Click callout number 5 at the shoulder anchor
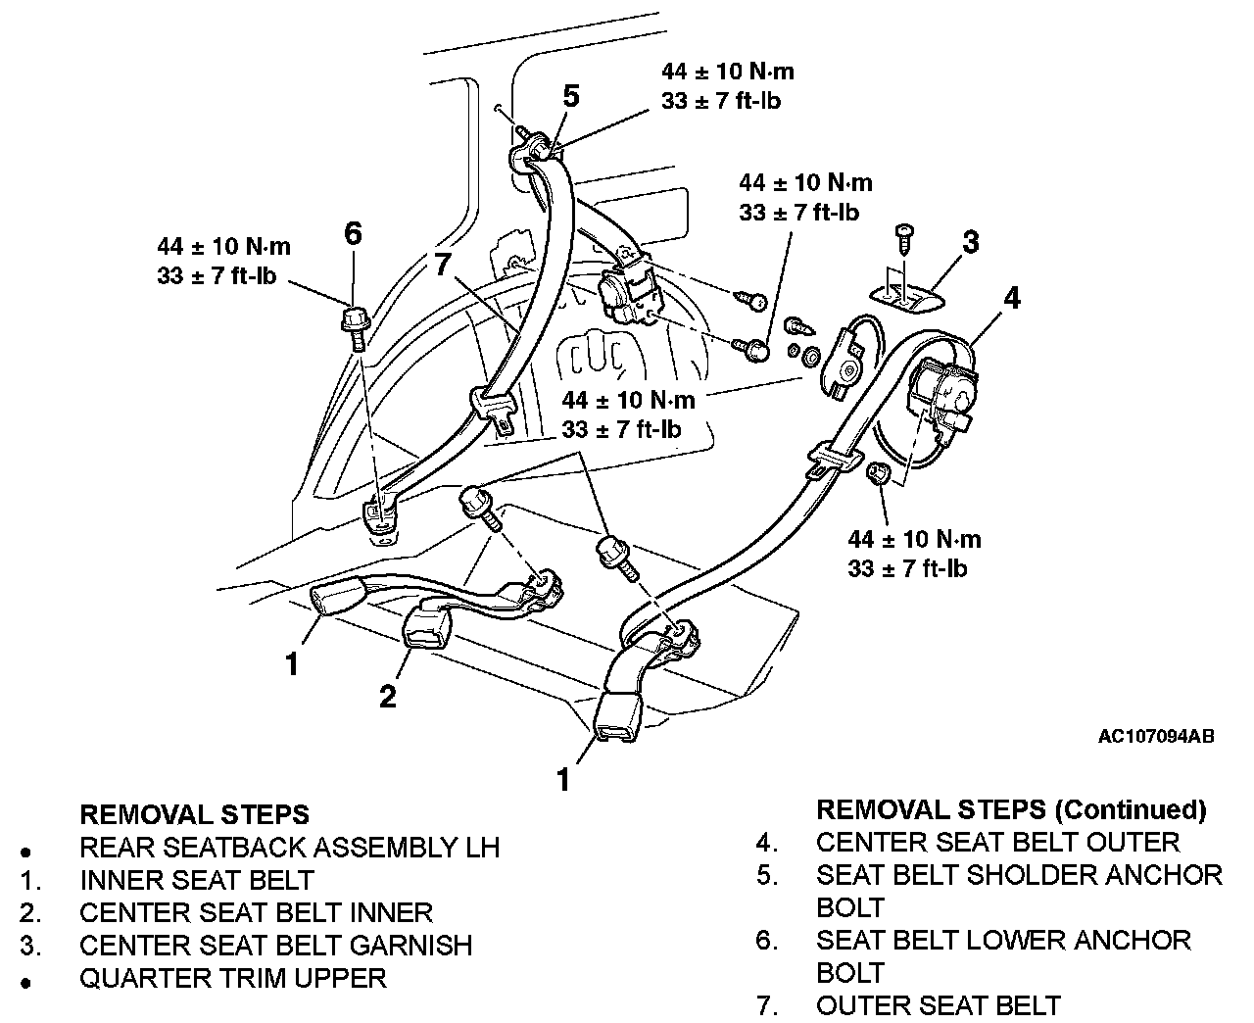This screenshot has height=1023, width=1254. pyautogui.click(x=571, y=96)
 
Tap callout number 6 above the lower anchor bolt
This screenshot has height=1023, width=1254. pyautogui.click(x=353, y=233)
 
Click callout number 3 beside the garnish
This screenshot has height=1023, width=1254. pyautogui.click(x=970, y=241)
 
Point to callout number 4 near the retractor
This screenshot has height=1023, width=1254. pyautogui.click(x=1012, y=298)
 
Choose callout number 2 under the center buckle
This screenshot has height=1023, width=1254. pyautogui.click(x=388, y=696)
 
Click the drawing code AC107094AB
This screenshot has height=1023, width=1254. pyautogui.click(x=1156, y=736)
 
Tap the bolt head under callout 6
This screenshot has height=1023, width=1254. pyautogui.click(x=354, y=320)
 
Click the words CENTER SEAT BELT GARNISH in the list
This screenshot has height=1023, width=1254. pyautogui.click(x=275, y=945)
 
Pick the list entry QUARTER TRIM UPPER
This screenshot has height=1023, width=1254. pyautogui.click(x=232, y=977)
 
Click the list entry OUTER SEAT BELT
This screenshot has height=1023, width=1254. pyautogui.click(x=938, y=1004)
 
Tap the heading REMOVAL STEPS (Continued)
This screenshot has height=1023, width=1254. pyautogui.click(x=1010, y=809)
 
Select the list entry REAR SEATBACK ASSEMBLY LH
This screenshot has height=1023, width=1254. pyautogui.click(x=289, y=847)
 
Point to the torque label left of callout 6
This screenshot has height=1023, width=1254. pyautogui.click(x=223, y=261)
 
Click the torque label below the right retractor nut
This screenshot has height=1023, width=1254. pyautogui.click(x=914, y=553)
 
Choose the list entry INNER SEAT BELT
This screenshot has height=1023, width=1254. pyautogui.click(x=196, y=880)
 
